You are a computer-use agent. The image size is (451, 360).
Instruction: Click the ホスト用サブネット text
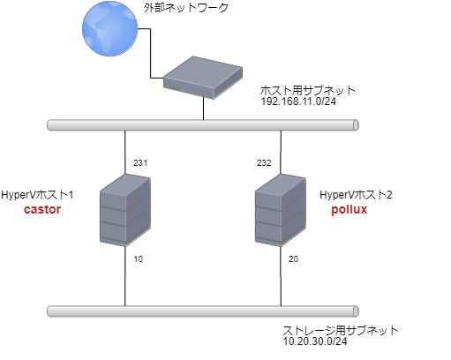[x=308, y=91]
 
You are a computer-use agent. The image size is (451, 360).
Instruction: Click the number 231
[x=140, y=164]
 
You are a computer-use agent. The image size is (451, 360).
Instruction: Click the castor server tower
[x=124, y=211]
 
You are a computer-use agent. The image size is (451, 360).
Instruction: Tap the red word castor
[x=42, y=210]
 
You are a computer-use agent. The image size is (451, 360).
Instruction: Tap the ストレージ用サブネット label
[x=341, y=330]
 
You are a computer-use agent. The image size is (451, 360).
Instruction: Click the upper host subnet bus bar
[x=203, y=125]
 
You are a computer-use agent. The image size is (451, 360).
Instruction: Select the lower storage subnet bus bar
[x=203, y=311]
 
